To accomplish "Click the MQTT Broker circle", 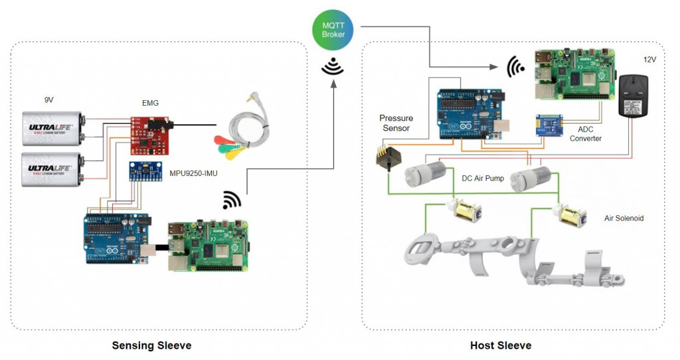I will (333, 30).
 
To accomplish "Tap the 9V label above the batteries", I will (48, 100).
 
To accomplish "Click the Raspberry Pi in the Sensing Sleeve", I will (209, 246).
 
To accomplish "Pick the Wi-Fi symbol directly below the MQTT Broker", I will (333, 66).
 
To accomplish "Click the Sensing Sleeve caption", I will (151, 345).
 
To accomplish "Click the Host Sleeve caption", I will (500, 345).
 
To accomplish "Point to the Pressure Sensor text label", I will (396, 123).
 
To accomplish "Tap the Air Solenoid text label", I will (624, 218).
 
